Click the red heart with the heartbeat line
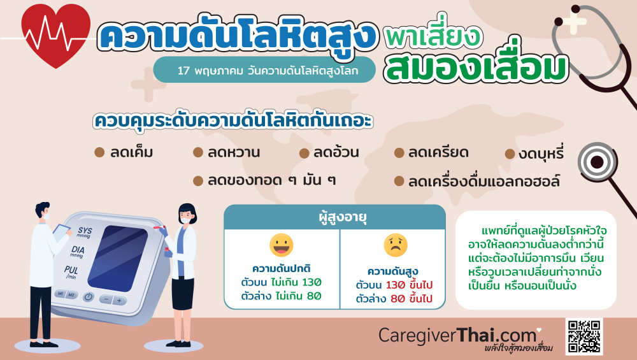(56, 35)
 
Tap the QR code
(583, 337)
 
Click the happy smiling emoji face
(281, 245)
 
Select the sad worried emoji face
(396, 245)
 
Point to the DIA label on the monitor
(78, 252)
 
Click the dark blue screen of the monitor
(118, 257)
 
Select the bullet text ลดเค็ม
(132, 152)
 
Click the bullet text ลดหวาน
(234, 152)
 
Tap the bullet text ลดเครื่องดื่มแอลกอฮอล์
(484, 181)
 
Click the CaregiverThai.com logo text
(458, 336)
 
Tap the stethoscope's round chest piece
(598, 162)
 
